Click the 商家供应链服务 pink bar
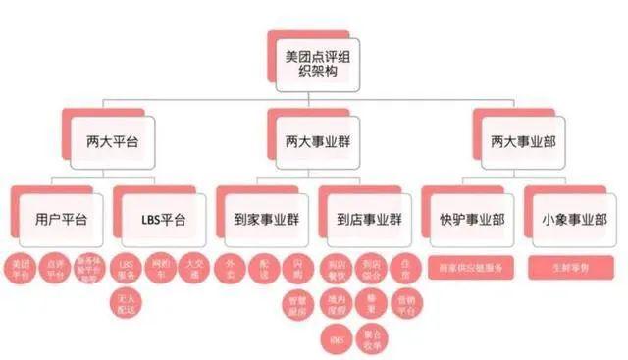point(469,265)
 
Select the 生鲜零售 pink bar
point(571,265)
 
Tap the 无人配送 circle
point(126,301)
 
